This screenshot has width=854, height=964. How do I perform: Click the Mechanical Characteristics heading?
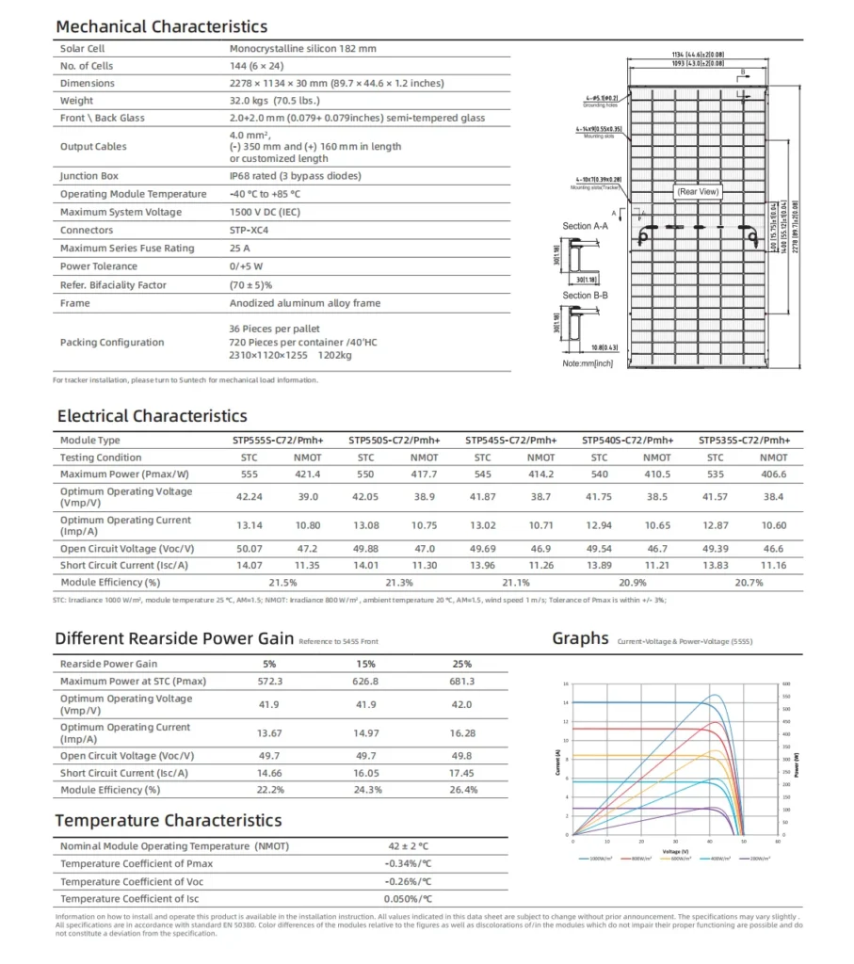coord(161,26)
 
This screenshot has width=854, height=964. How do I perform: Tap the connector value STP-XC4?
coord(250,231)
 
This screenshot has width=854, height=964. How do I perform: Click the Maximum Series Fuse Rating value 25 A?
coord(240,249)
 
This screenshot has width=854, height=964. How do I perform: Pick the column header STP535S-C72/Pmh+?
coord(745,441)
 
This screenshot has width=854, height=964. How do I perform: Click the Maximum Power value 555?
coord(250,474)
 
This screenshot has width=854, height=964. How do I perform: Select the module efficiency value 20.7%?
coord(748,583)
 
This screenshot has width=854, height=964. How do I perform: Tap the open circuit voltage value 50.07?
coord(250,548)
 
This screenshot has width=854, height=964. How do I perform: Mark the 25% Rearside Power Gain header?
coord(462,664)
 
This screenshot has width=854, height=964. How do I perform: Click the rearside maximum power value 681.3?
coord(462,682)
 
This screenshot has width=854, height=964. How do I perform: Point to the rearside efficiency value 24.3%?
coord(367,790)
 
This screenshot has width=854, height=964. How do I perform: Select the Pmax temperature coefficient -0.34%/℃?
coord(408,864)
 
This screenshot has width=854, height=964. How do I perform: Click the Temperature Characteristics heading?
coord(169,821)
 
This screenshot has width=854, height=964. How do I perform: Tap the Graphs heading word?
coord(580,638)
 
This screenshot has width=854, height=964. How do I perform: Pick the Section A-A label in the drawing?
coord(585,227)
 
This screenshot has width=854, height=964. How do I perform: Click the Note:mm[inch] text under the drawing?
coord(587,363)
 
